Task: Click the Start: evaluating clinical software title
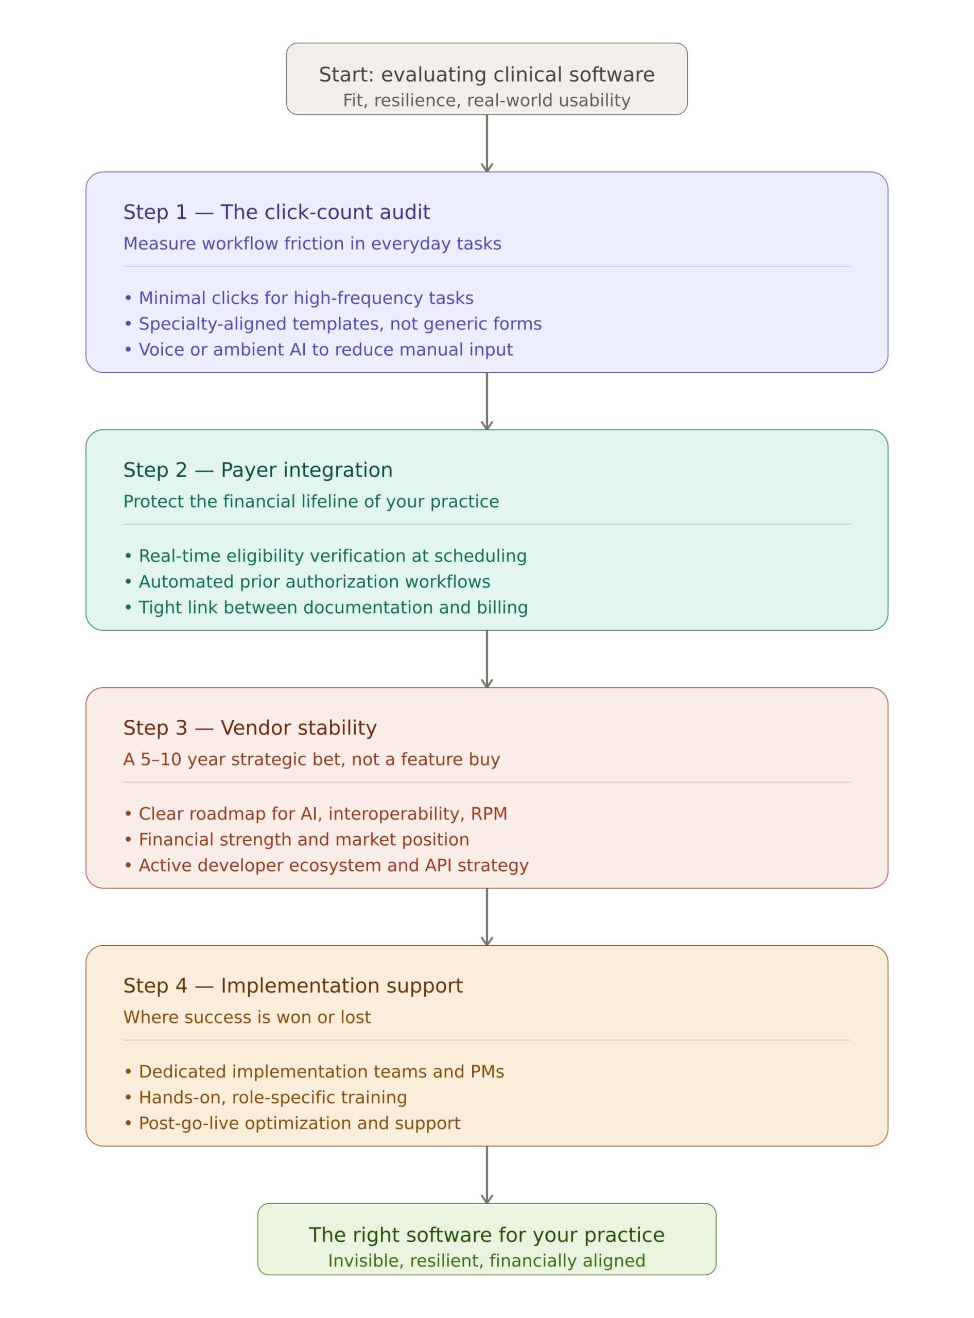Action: [486, 75]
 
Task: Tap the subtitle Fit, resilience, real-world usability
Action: [486, 100]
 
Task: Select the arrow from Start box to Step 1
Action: [486, 143]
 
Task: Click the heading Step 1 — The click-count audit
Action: [276, 212]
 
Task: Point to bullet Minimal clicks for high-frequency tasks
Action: [299, 299]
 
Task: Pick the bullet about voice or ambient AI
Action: [318, 350]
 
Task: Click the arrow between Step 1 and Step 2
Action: [486, 401]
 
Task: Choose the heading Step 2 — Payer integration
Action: [257, 470]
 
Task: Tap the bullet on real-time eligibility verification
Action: [325, 556]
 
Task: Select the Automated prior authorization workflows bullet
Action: [307, 582]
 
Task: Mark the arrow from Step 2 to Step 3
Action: [486, 658]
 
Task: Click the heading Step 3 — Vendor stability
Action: [250, 727]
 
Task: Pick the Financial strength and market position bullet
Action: [297, 840]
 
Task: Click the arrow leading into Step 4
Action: [486, 917]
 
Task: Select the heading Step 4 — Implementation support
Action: [293, 986]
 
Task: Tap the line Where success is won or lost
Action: [247, 1017]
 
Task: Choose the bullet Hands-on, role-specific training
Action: [265, 1098]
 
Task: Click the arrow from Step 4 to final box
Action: [486, 1175]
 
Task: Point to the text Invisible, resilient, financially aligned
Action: [486, 1261]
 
